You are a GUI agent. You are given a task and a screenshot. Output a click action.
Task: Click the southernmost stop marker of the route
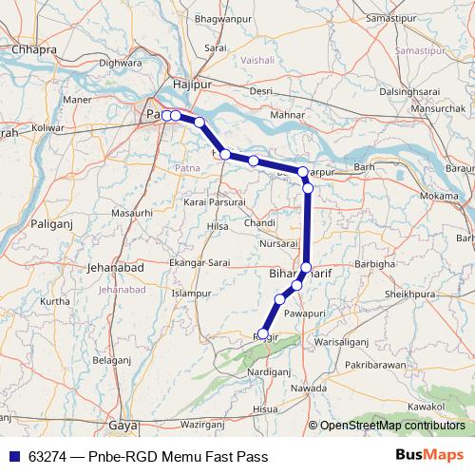pyautogui.click(x=264, y=333)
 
